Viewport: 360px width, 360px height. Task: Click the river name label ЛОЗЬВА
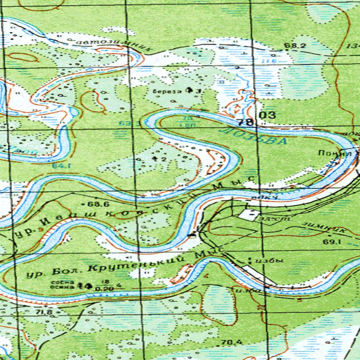253,135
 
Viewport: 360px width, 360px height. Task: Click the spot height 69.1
330,241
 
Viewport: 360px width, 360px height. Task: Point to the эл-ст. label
269,219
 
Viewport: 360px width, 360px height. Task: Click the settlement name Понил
328,153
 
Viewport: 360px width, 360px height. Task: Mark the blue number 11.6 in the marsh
269,61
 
